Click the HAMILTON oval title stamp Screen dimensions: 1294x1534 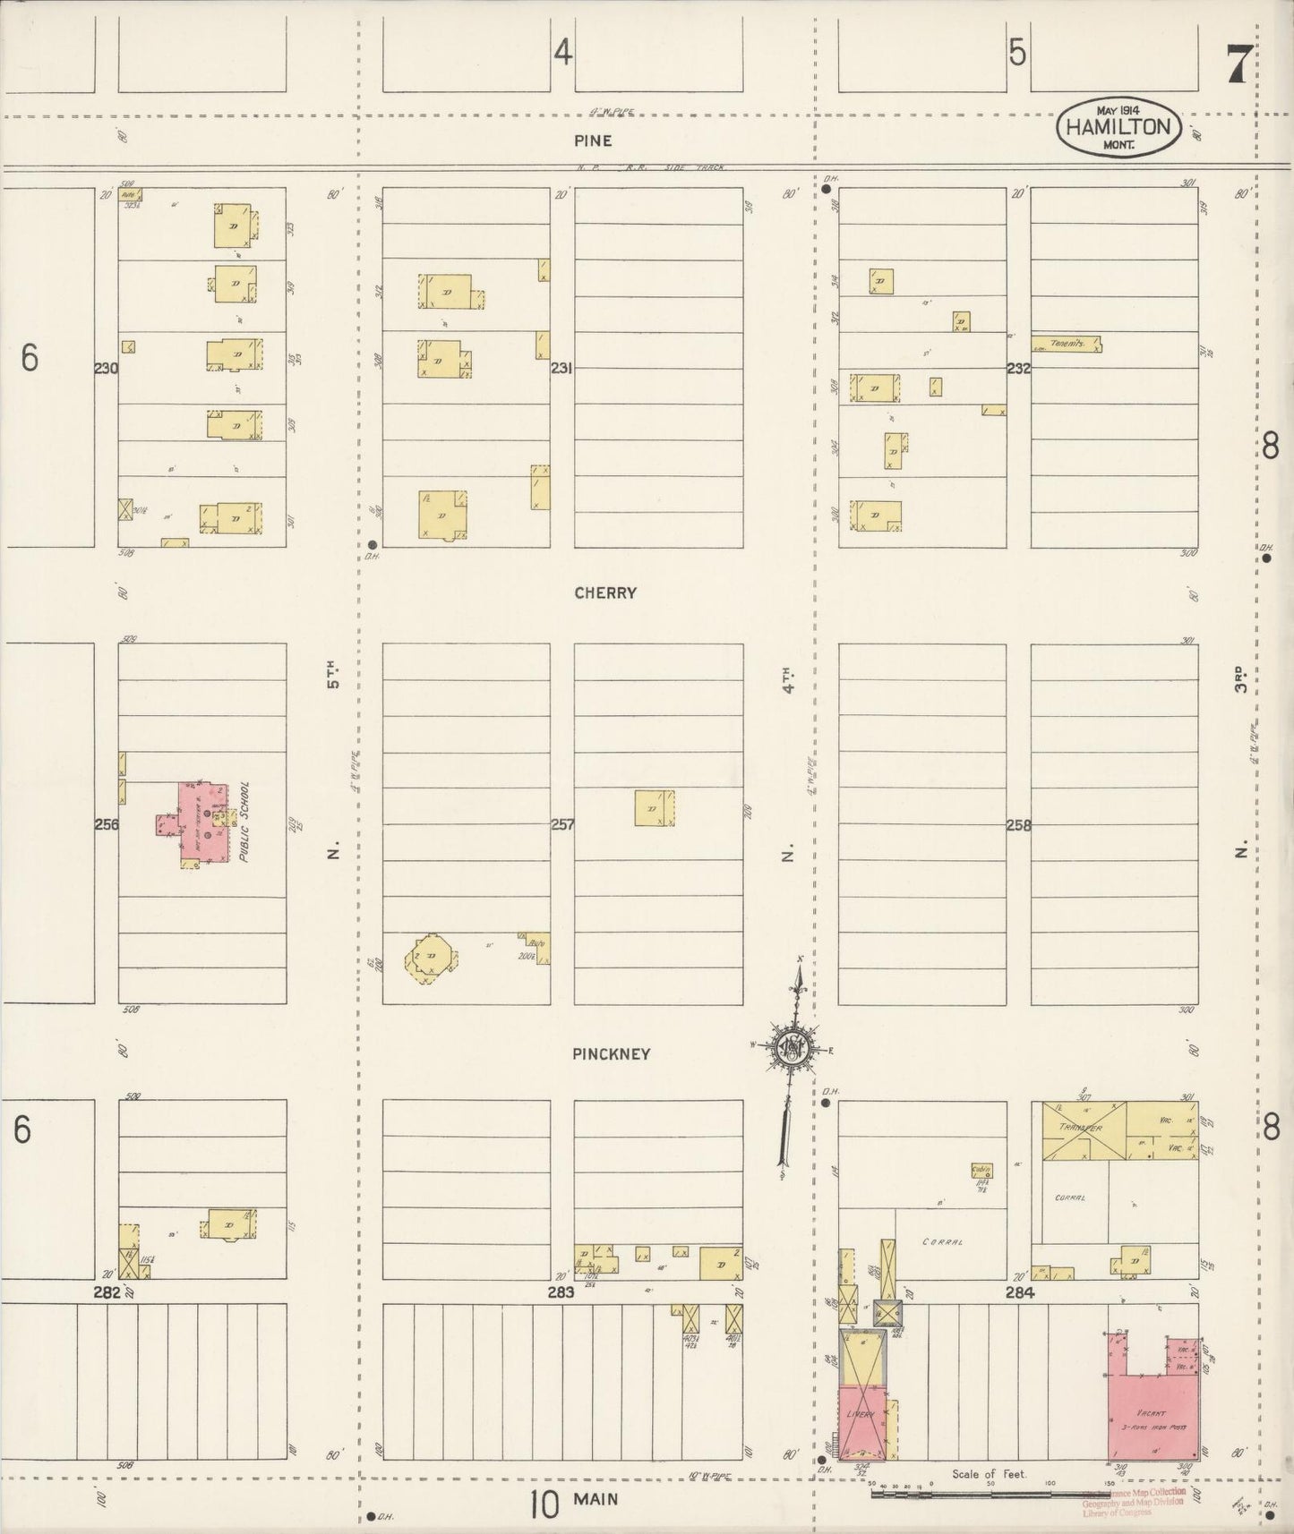[x=1118, y=129]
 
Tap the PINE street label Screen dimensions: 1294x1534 [x=594, y=141]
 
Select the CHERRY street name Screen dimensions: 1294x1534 [x=606, y=592]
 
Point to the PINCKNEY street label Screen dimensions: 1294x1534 [x=611, y=1053]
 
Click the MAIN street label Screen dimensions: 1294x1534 [x=598, y=1498]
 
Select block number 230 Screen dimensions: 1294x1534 [x=106, y=368]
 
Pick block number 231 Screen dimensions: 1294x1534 [x=561, y=368]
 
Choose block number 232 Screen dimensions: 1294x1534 [x=1019, y=368]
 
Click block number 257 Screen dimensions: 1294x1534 [x=561, y=824]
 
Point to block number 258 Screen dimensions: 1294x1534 [x=1019, y=825]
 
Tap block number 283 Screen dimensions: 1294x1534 [x=561, y=1292]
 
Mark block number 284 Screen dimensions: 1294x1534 [x=1019, y=1292]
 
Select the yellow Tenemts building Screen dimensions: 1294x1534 [x=1067, y=344]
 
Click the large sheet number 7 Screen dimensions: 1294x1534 [x=1238, y=63]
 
